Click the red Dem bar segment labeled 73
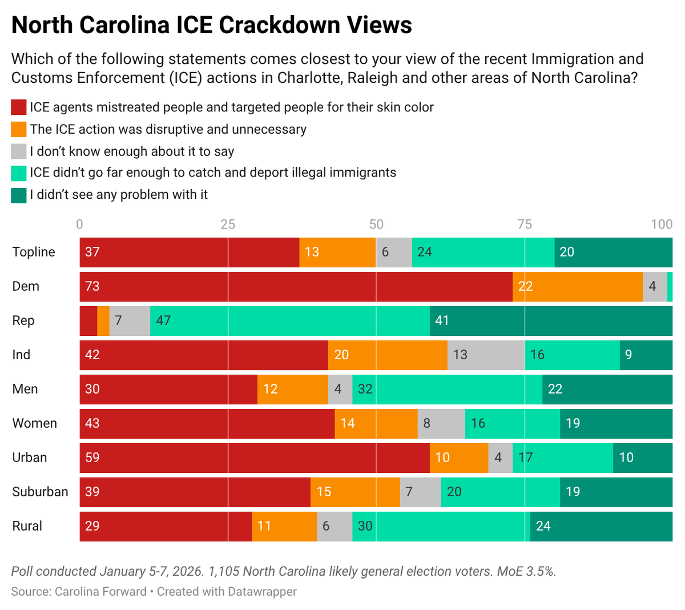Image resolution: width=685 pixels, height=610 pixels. coord(296,286)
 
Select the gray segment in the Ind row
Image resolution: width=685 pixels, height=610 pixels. coord(486,355)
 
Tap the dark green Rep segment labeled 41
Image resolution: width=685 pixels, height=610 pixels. coord(551,320)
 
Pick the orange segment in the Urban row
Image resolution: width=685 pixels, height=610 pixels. coord(459,457)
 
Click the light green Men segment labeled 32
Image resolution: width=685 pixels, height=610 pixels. coord(447,389)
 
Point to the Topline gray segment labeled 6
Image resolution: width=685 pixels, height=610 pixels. coord(394,252)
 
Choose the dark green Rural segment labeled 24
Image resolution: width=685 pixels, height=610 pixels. coord(601,526)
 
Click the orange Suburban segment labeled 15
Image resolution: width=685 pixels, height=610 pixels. coord(355,492)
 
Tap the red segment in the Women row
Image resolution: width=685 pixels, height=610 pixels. coord(207,423)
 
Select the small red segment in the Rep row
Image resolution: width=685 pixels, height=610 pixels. coord(88,320)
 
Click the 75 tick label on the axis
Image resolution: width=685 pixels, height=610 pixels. coord(524,224)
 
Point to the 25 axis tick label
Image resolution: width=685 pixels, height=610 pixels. coord(228,224)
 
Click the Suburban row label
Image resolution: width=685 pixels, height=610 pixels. coord(40,492)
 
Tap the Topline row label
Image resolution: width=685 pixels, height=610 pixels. coord(34,252)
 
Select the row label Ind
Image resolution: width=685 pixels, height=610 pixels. coord(21,355)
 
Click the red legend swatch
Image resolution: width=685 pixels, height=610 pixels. coord(19,107)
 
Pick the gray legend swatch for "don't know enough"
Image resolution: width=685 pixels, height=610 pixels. coord(19,151)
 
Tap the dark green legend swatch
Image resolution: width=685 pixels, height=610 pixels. coord(19,195)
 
